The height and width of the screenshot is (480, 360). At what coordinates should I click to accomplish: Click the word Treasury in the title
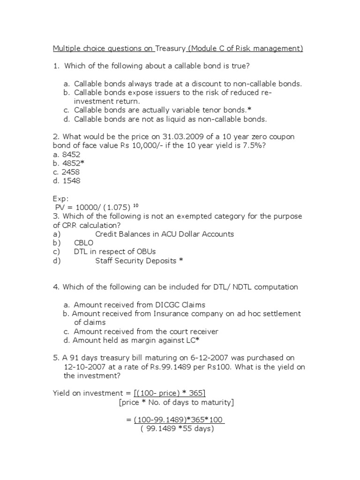coord(171,48)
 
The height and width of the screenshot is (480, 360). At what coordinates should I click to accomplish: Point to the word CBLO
coord(84,243)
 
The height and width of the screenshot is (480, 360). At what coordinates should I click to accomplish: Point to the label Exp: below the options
coord(61,199)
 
